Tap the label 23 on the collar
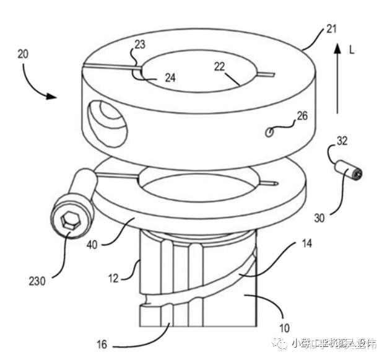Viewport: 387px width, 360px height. tap(140, 45)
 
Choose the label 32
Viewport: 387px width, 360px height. tap(342, 141)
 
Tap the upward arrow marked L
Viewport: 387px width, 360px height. tap(337, 77)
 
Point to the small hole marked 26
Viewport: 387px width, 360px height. tap(270, 131)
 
